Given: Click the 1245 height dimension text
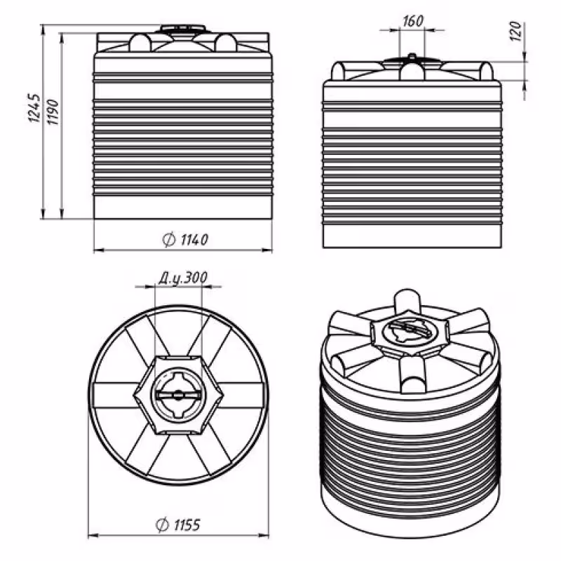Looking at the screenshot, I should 32,108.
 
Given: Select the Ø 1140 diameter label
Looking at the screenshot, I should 184,240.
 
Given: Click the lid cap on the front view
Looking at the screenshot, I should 182,30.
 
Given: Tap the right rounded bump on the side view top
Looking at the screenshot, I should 485,70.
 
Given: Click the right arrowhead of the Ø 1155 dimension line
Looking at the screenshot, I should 267,534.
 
